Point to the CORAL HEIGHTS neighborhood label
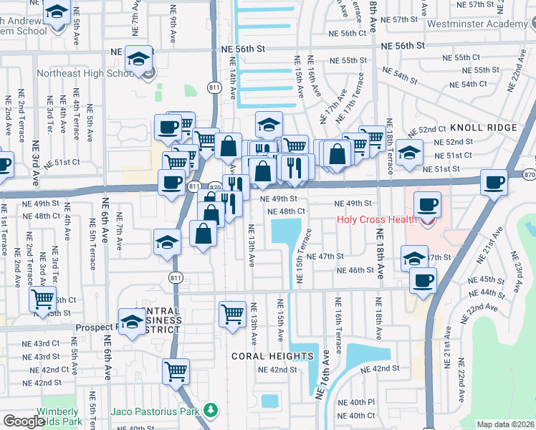point(272,356)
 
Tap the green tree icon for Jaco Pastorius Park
point(210,410)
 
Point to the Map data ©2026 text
point(505,424)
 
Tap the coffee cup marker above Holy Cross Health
point(427,204)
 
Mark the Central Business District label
point(155,320)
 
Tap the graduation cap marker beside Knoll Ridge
point(408,153)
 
